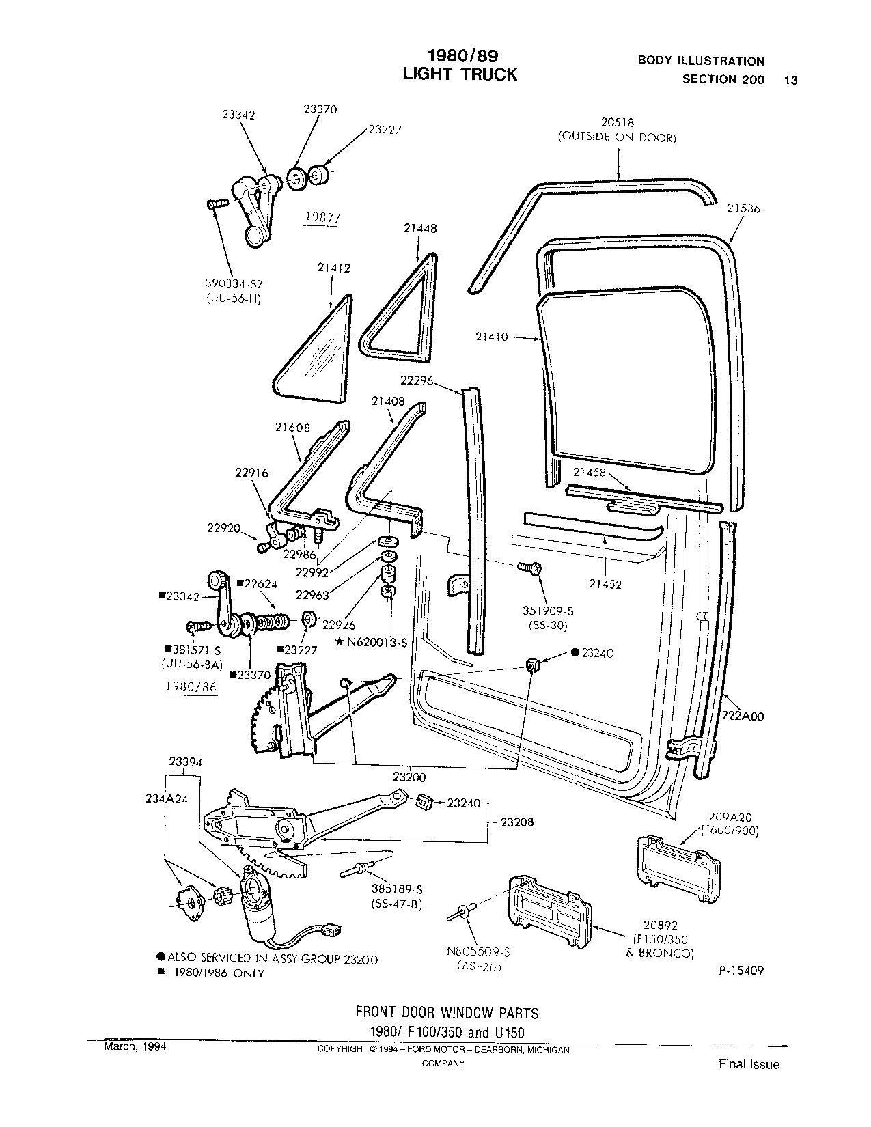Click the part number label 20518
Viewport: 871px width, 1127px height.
click(x=617, y=122)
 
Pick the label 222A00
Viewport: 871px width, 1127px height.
click(x=743, y=716)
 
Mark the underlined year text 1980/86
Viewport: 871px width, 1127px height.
click(x=191, y=688)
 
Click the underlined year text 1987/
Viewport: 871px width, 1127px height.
click(x=320, y=218)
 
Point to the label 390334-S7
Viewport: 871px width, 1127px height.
click(x=234, y=282)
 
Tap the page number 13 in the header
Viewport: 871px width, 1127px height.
click(x=791, y=80)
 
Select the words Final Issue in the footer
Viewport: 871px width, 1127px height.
click(x=748, y=1064)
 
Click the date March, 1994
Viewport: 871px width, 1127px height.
click(x=135, y=1046)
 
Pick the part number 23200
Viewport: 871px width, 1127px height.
click(x=409, y=777)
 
